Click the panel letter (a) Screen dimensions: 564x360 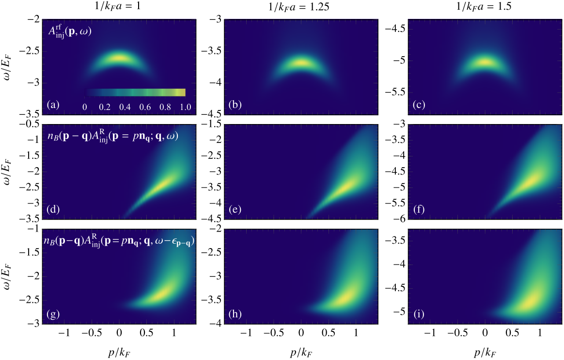(53, 105)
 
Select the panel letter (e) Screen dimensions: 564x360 (235, 209)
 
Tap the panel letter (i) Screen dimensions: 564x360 (419, 314)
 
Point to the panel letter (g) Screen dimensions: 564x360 (53, 314)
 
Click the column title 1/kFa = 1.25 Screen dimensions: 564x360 (298, 7)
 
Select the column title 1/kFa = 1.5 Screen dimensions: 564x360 (484, 6)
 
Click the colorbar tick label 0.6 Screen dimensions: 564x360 (145, 107)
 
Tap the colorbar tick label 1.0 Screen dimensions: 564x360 (185, 107)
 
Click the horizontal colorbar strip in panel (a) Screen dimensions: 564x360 (135, 93)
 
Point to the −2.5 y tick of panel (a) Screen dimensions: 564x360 (30, 51)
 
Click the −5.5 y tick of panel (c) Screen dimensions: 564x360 (394, 92)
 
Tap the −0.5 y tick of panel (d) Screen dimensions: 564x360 (30, 125)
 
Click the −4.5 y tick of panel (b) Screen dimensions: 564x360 (211, 114)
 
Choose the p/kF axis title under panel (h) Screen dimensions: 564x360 (301, 352)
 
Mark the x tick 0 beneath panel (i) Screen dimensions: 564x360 (485, 333)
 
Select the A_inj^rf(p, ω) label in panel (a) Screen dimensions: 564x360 (70, 31)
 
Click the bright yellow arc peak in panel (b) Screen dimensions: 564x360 (301, 63)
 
